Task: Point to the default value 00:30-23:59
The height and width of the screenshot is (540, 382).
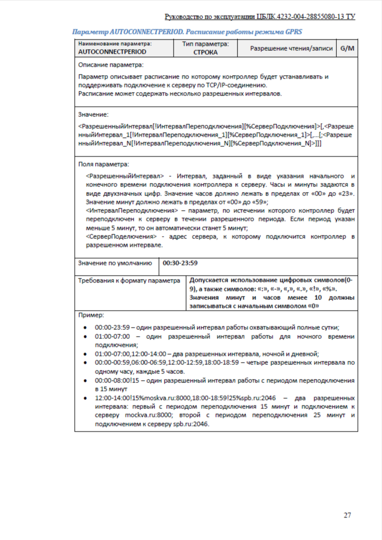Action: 180,263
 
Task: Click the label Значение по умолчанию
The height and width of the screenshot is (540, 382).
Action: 115,263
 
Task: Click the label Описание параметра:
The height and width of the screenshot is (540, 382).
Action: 111,65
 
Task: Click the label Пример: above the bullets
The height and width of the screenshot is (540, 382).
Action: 90,315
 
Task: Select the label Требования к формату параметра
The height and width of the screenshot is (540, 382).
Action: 130,281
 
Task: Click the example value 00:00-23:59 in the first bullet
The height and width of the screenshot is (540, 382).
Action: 112,327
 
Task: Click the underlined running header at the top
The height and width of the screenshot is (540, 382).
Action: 260,16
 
